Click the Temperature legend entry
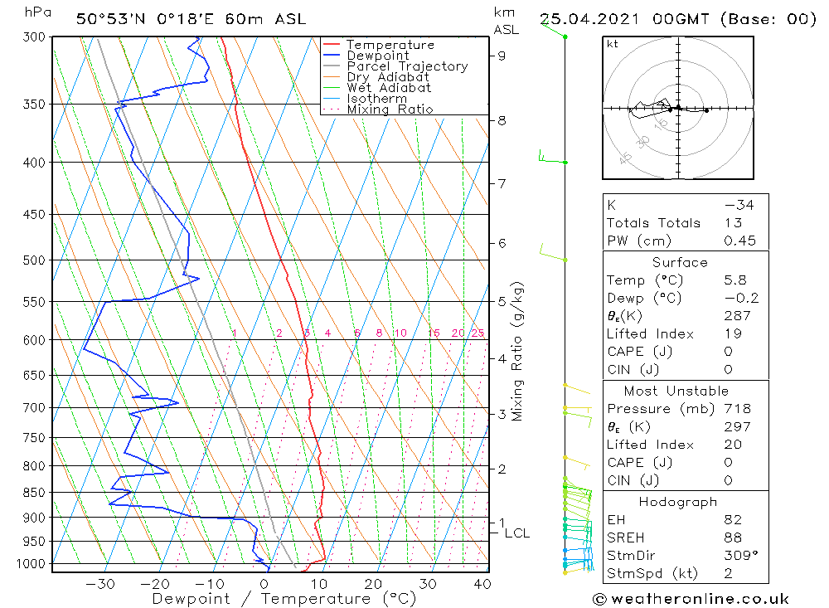(389, 45)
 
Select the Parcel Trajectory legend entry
(406, 66)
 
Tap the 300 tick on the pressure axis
(34, 37)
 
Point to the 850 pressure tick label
(34, 492)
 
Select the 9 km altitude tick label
(502, 56)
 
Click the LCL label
(516, 533)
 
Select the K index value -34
(738, 205)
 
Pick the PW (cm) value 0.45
(739, 241)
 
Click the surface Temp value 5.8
(734, 280)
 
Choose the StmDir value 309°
(738, 556)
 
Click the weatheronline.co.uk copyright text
(691, 599)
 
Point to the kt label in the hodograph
(613, 44)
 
